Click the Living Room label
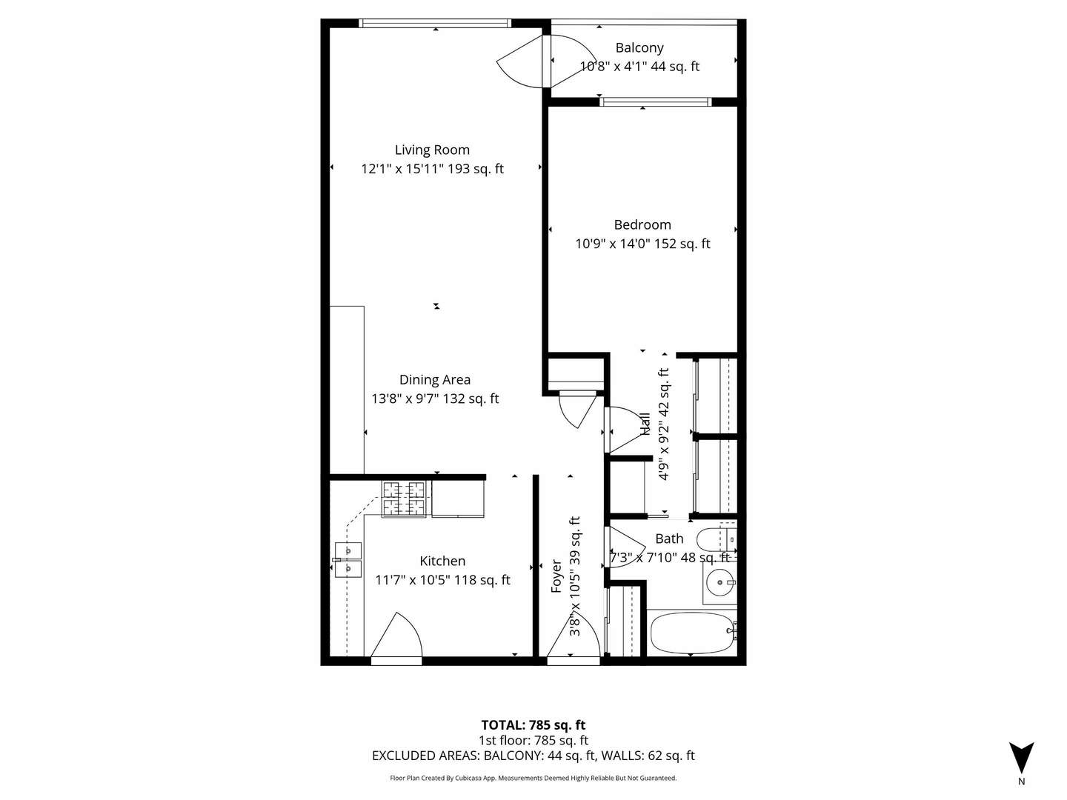click(x=432, y=150)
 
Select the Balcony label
click(x=639, y=48)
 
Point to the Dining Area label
click(x=435, y=380)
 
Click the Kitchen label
click(x=442, y=561)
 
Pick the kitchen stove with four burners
click(x=404, y=499)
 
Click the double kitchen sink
click(x=348, y=560)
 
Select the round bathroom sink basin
click(x=719, y=583)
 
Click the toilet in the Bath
click(x=716, y=539)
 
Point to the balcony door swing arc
click(x=522, y=62)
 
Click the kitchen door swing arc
click(x=398, y=636)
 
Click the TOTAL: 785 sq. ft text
click(x=533, y=725)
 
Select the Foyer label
click(x=556, y=576)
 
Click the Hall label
click(x=645, y=424)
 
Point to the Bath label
click(x=669, y=539)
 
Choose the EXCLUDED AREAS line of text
click(x=533, y=756)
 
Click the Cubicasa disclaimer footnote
click(x=533, y=779)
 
